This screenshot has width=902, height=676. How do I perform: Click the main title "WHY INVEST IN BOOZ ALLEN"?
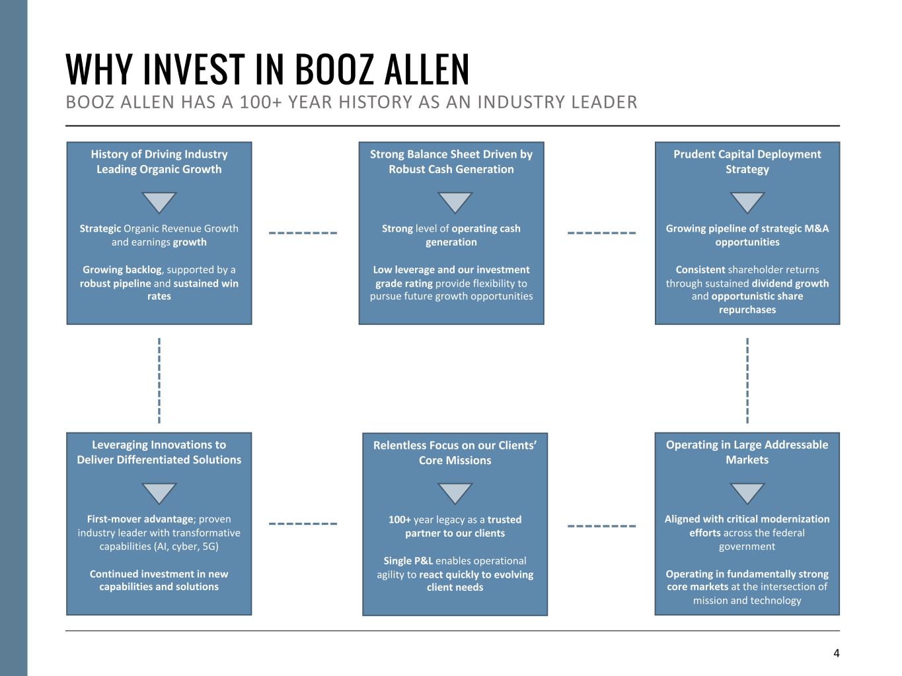click(x=268, y=69)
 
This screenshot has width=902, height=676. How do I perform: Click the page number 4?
click(x=836, y=654)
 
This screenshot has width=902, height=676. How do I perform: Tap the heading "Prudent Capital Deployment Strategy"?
click(x=747, y=162)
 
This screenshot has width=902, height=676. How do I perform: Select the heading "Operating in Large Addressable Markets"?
click(x=747, y=452)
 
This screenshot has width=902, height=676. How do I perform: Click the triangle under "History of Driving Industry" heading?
click(x=159, y=202)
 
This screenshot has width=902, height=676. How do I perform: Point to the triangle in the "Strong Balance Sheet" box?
click(x=455, y=202)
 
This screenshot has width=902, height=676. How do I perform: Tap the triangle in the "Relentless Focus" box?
click(x=455, y=492)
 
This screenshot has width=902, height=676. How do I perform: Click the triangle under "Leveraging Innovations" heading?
click(x=159, y=492)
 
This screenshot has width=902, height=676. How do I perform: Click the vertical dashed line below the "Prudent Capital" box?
click(x=747, y=380)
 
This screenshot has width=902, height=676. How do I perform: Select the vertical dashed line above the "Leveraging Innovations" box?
click(x=159, y=380)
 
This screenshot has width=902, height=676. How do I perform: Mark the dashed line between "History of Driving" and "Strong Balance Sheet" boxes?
click(x=303, y=233)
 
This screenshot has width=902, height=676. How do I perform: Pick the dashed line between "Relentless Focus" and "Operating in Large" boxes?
click(x=601, y=526)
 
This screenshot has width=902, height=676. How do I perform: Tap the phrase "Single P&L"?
click(x=408, y=561)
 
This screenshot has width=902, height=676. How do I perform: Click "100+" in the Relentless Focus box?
click(x=400, y=520)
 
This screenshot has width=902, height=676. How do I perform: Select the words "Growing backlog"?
click(x=122, y=270)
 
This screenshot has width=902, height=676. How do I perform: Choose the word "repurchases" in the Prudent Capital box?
click(x=747, y=310)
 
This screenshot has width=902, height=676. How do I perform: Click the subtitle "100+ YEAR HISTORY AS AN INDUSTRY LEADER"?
click(x=352, y=103)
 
